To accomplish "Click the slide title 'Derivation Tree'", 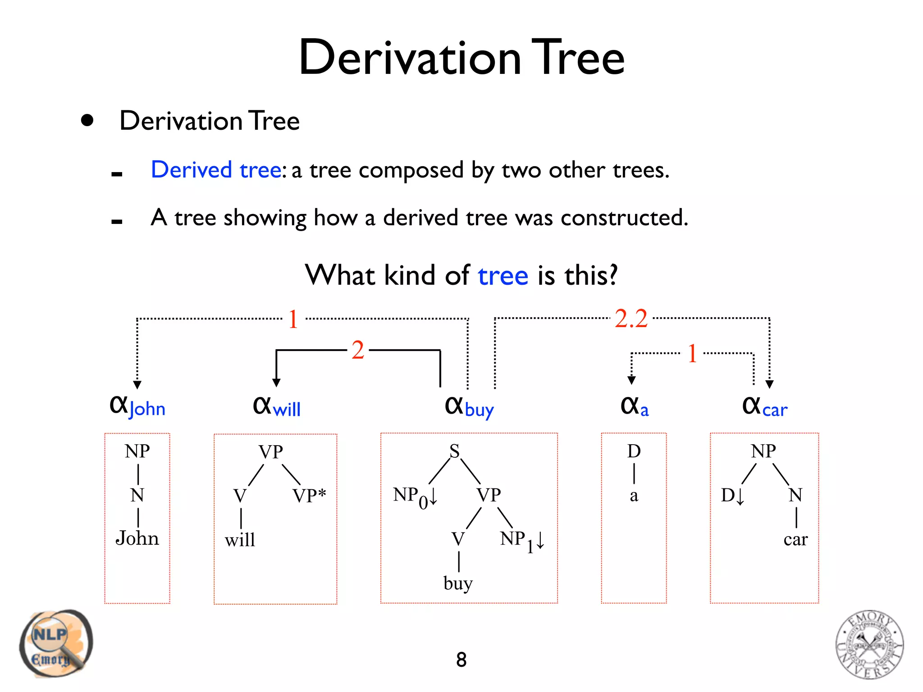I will [461, 58].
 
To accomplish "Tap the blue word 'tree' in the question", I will [503, 276].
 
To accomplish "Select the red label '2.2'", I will [631, 319].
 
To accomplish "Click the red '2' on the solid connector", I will [358, 350].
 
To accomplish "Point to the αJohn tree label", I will [137, 406].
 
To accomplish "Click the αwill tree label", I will [276, 406].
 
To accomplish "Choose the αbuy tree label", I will [469, 407].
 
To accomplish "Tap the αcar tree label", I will [764, 407].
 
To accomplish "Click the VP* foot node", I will [309, 496].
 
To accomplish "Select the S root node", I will [454, 451].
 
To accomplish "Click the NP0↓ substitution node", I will [415, 497].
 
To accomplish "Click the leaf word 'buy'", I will [458, 583].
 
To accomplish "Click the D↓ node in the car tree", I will [732, 496].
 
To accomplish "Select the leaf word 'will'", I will [240, 540].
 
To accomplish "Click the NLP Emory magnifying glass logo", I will [55, 643].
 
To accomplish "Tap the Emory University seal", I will [869, 644].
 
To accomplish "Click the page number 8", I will [461, 660].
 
